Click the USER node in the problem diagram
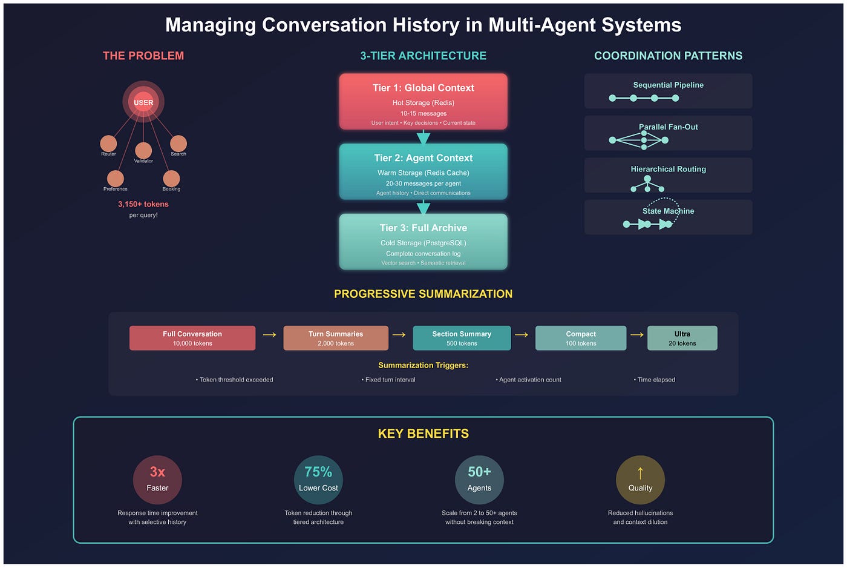click(143, 102)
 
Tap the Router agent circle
click(108, 144)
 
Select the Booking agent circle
click(171, 179)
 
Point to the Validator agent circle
click(143, 150)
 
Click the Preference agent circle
click(116, 179)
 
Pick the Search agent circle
click(178, 144)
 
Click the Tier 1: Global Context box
click(423, 102)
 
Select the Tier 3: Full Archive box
click(423, 242)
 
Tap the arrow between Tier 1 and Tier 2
click(423, 137)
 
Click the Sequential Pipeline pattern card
click(668, 91)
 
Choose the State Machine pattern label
click(668, 211)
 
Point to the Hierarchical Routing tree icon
click(647, 183)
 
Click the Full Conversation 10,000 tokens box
click(192, 338)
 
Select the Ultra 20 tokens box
click(682, 338)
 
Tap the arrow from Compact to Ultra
click(636, 334)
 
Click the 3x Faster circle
click(157, 480)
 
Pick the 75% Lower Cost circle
click(318, 480)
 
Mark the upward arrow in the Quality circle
click(640, 473)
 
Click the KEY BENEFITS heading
click(423, 434)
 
